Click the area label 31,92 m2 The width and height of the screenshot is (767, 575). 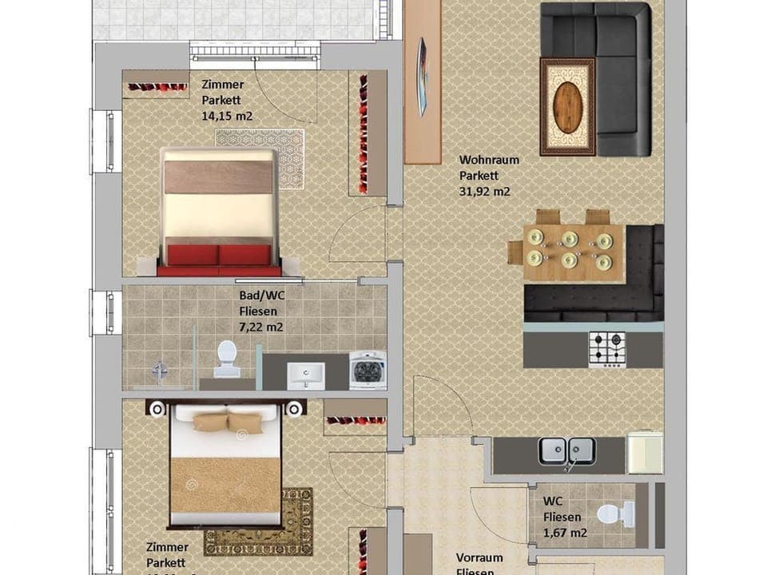[x=484, y=192]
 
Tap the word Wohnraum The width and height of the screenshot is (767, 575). [x=488, y=160]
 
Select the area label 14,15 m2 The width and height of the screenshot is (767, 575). [x=228, y=115]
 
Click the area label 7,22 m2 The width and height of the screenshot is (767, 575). [x=261, y=327]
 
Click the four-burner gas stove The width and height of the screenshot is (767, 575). [x=607, y=349]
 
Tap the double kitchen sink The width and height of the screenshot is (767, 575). [x=566, y=451]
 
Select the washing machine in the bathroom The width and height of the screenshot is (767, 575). [x=368, y=371]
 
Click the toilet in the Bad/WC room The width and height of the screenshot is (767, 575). [x=227, y=358]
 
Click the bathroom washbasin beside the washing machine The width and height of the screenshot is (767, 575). [x=306, y=375]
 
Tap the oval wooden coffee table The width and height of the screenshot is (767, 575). [x=567, y=108]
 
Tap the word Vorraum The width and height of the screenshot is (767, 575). [x=479, y=557]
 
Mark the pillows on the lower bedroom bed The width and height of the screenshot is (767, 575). [x=228, y=422]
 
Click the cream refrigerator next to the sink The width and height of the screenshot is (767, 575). [x=644, y=452]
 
